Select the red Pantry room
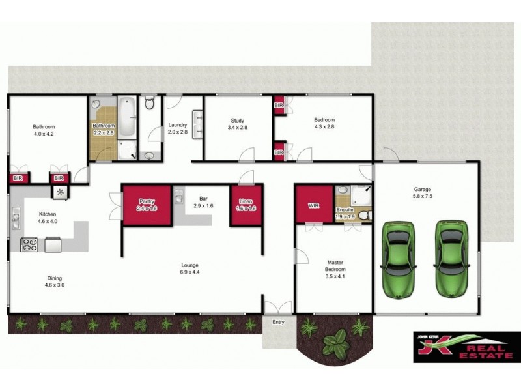tap(147, 205)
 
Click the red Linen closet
tap(246, 205)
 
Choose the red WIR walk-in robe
tap(313, 205)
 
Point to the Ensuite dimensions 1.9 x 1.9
tap(345, 216)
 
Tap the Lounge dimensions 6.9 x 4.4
tap(190, 272)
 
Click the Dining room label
tap(55, 278)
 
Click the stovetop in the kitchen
tap(30, 245)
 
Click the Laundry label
tap(178, 125)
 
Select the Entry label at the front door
tap(279, 321)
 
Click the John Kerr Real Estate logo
tap(464, 346)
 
